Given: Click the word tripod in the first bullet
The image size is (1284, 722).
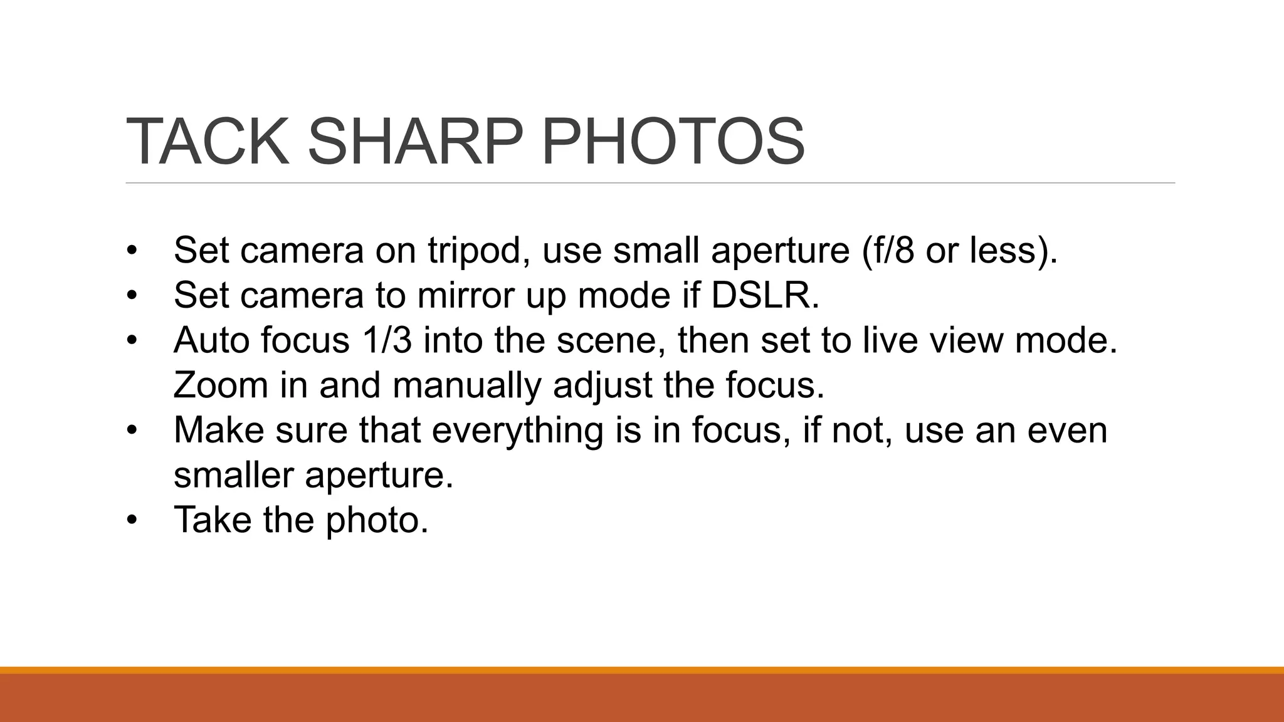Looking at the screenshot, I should coord(477,250).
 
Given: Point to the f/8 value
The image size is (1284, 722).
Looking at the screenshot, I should coord(887,250).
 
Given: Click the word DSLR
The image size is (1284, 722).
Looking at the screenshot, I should coord(764,295).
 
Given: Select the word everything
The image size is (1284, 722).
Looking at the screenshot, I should coord(517,431).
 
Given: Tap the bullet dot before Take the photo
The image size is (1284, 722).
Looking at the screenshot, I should coord(131,520).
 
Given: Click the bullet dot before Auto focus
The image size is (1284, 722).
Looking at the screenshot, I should coord(131,341).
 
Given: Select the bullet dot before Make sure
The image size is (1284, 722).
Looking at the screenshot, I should coord(131,431).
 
